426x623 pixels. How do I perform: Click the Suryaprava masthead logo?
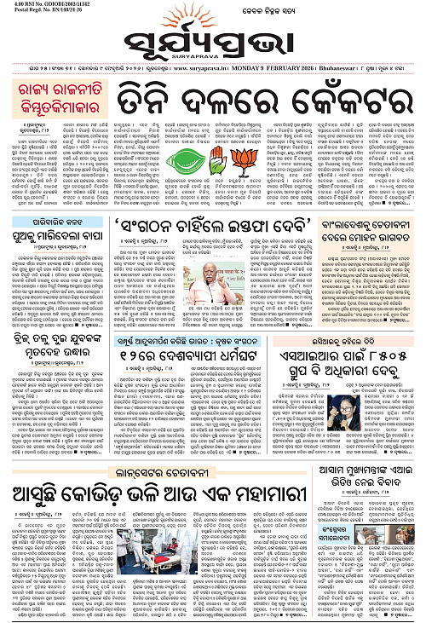(x=212, y=40)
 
